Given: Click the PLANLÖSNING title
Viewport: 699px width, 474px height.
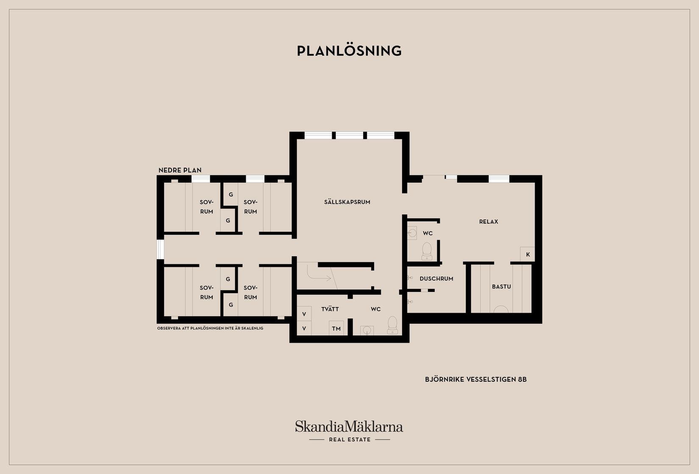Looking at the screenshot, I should coord(349,51).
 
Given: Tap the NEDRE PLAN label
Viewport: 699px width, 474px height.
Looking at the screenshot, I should coord(180,170).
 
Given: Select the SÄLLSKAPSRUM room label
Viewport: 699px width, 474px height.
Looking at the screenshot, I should coord(347,202).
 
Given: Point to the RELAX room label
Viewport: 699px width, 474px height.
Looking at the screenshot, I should coord(488,222).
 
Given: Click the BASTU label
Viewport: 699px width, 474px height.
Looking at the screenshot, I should coord(501,287).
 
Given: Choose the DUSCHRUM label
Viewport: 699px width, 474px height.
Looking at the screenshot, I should coord(436,279).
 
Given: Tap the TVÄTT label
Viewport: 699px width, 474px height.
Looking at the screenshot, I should coord(330,309).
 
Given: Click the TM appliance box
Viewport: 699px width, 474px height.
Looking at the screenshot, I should coord(336,328).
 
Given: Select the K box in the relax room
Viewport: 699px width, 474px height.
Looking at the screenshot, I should coord(527,254).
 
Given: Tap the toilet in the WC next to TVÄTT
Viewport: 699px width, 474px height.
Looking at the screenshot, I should coord(393,325).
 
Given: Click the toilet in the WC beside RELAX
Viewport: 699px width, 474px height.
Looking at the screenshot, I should coord(427,251).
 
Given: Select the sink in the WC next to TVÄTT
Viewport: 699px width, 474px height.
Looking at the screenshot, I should coord(366,330).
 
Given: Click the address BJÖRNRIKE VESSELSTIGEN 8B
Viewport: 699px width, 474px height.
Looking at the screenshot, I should coord(476,380).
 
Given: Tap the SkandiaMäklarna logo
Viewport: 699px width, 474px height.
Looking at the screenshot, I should coord(349,426).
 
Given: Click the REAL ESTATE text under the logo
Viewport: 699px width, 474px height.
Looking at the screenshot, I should coord(349,440).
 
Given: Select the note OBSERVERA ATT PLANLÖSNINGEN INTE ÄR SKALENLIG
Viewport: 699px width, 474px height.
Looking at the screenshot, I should coord(210,328).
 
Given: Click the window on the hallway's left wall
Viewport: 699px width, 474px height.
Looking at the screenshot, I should coord(160,249).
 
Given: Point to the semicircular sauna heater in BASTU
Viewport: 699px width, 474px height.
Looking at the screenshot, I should coord(501,310).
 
